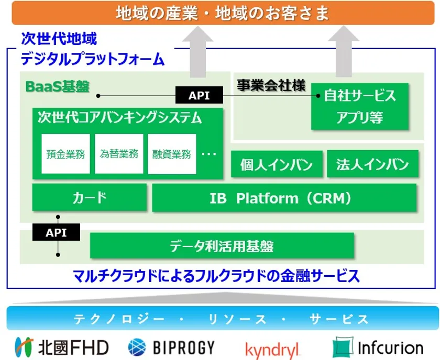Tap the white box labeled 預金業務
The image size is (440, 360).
[65, 154]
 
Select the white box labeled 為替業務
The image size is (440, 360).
[119, 154]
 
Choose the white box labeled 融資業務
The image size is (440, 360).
[172, 154]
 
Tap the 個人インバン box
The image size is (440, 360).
[276, 165]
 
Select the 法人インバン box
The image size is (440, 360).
[372, 165]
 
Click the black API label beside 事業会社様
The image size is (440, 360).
[199, 96]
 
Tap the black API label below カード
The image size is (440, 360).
[56, 232]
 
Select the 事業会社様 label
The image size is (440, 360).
[270, 85]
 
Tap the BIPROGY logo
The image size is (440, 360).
[171, 347]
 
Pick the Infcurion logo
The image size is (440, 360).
[378, 347]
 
